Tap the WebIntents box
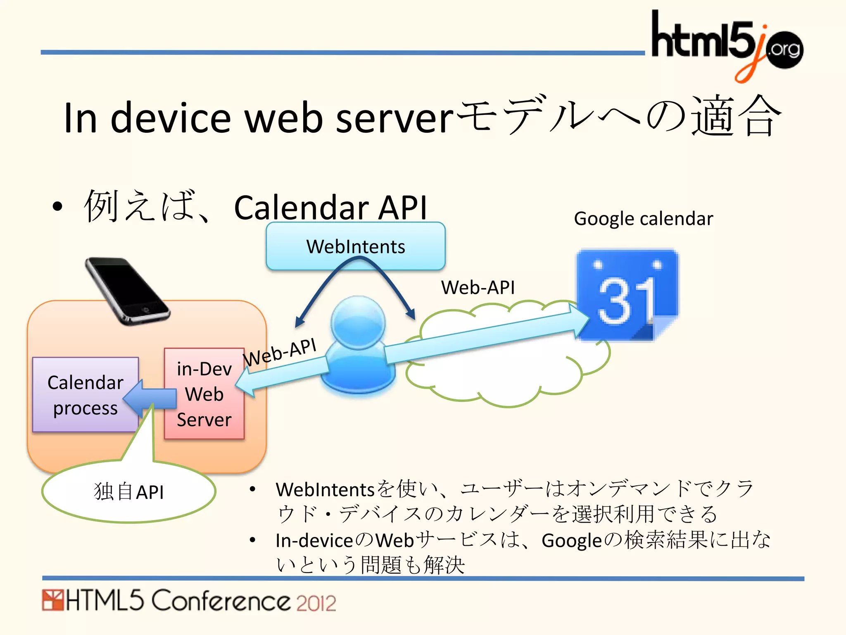[355, 246]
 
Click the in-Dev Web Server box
[204, 394]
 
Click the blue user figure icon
[358, 345]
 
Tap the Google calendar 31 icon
[627, 295]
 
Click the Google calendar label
[643, 219]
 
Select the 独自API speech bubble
[128, 492]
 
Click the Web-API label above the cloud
[478, 287]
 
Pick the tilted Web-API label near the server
[280, 352]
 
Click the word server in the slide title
[394, 119]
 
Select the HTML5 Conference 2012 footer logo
[189, 601]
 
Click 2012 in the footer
[316, 603]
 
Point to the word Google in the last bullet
[572, 541]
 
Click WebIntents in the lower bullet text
[325, 490]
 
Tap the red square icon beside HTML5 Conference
[52, 600]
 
